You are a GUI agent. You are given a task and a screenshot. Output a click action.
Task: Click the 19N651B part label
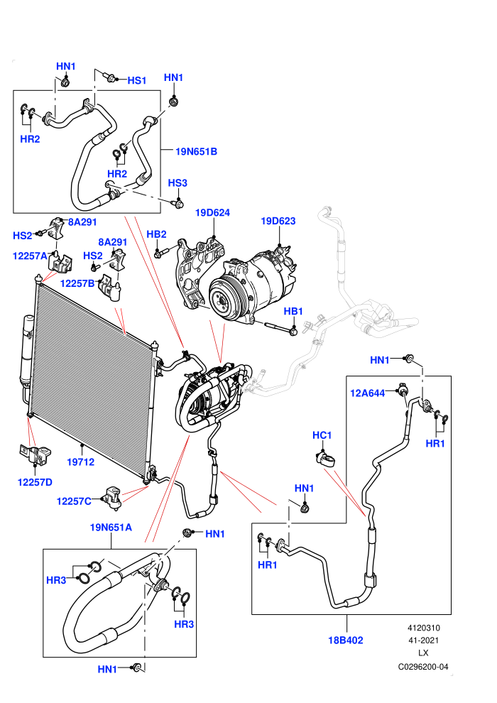coord(196,151)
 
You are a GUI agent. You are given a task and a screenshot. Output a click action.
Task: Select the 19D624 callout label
coord(212,212)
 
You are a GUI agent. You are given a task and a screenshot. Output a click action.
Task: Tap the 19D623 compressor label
coord(278,221)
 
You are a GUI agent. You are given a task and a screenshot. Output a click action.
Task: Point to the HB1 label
coord(293,311)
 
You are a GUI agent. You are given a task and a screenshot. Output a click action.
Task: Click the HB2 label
coord(156,234)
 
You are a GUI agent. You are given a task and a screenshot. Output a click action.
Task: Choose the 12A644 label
coord(368,393)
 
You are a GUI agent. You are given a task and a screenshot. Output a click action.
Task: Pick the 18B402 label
coord(346,641)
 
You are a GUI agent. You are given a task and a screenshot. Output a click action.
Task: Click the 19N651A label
coord(111,527)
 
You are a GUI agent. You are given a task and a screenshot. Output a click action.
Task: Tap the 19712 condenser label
coord(81,462)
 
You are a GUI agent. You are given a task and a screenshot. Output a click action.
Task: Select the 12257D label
coord(35,482)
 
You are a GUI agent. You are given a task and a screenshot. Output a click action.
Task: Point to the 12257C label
coord(74,501)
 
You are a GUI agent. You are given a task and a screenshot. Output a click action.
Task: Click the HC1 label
coord(322,435)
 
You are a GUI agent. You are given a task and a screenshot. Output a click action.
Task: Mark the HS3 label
coord(177,183)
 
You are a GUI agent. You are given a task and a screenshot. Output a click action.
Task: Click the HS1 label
coord(137,80)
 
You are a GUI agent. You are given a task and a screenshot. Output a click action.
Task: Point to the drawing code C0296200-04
coord(423,667)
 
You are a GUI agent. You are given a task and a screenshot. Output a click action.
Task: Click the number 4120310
coord(423,628)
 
